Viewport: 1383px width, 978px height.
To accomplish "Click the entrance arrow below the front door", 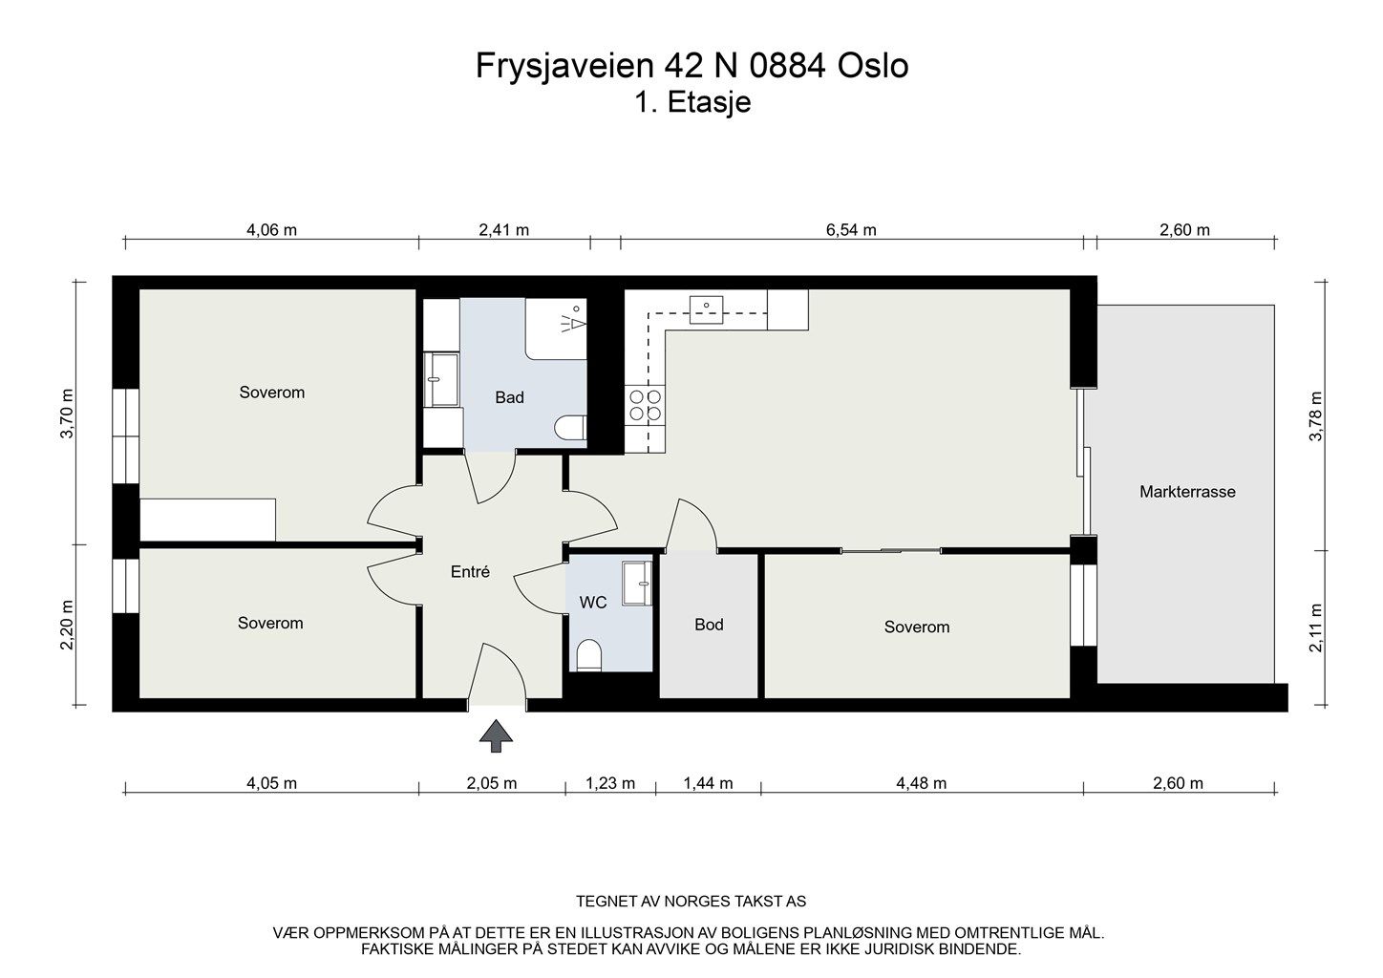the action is tap(496, 736).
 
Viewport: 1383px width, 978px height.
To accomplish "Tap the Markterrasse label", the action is tap(1187, 492).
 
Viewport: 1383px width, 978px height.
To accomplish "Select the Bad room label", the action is tap(509, 397).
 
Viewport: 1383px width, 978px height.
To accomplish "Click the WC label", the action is tap(593, 603).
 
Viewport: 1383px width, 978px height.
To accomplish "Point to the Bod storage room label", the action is tap(709, 625).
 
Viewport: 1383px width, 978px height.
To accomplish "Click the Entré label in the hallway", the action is tap(470, 572).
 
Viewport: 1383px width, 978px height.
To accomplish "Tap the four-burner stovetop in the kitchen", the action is tap(646, 404).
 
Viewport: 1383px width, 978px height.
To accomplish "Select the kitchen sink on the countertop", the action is tap(707, 309).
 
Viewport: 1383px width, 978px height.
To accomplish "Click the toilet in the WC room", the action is tap(588, 655).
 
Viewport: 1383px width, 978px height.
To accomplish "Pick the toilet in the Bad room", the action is tap(570, 428).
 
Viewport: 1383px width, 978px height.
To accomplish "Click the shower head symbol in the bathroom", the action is tap(572, 321).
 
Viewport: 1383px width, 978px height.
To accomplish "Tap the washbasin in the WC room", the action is tap(636, 583).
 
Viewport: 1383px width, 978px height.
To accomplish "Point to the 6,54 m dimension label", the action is tap(851, 230).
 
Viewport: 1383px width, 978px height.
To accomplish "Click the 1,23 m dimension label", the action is tap(610, 783).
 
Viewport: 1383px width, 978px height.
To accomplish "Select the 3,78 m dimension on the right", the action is tap(1316, 416).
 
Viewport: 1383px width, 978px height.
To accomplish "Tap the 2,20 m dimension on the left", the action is tap(67, 625).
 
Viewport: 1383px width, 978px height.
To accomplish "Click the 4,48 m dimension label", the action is tap(921, 783).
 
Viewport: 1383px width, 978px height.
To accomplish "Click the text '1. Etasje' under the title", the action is tap(692, 102).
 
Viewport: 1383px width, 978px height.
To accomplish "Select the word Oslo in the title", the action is tap(873, 66).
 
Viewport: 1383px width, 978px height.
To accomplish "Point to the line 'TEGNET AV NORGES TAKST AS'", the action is tap(691, 902).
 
